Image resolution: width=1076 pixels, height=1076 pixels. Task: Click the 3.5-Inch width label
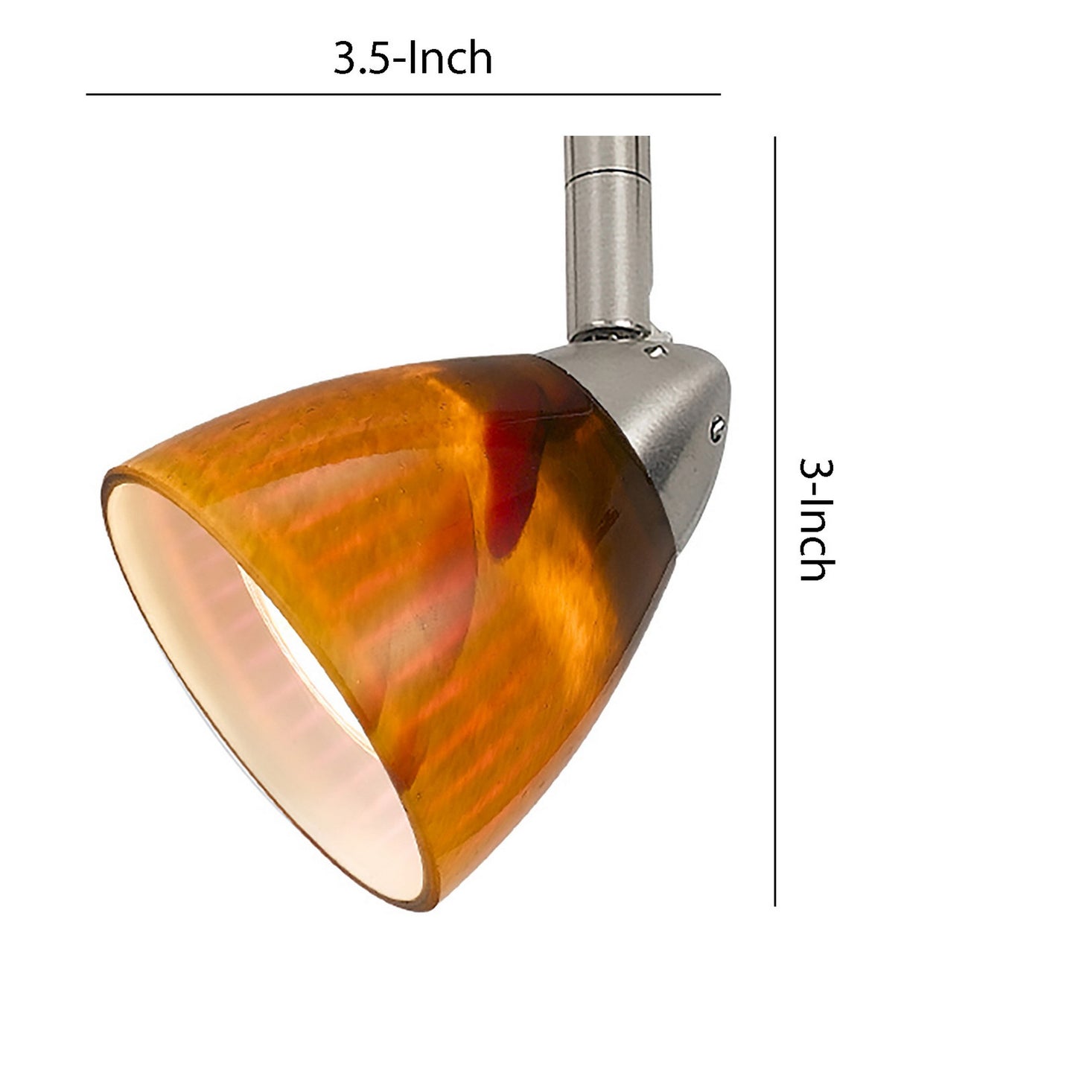click(x=413, y=59)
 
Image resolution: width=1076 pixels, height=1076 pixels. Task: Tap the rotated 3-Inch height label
click(x=816, y=519)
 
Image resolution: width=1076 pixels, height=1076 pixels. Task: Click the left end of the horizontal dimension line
click(x=88, y=95)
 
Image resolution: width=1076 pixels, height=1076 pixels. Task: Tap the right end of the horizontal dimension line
click(x=719, y=95)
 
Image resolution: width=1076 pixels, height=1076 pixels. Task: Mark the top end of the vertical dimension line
click(x=776, y=139)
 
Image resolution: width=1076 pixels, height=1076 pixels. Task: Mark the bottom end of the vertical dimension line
click(x=776, y=904)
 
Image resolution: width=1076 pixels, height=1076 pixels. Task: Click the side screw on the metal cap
click(x=716, y=425)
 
